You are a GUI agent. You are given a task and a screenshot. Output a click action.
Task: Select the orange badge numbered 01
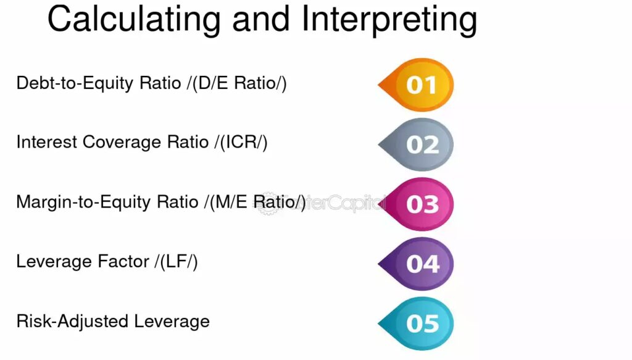tap(416, 85)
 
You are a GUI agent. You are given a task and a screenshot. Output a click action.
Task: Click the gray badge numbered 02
tap(416, 144)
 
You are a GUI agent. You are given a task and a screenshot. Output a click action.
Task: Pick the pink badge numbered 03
tap(416, 204)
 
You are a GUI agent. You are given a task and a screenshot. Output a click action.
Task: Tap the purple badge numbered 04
tap(416, 264)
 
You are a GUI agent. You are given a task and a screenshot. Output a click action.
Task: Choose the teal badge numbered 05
tap(416, 324)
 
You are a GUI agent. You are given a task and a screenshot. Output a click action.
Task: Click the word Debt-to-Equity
tap(75, 83)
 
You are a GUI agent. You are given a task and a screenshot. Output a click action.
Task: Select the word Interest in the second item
tap(46, 142)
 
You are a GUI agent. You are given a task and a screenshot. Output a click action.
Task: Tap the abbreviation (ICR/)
tap(241, 142)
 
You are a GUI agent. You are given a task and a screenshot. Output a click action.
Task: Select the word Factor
tap(123, 262)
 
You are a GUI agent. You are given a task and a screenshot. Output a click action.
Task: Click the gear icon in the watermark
tap(267, 203)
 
